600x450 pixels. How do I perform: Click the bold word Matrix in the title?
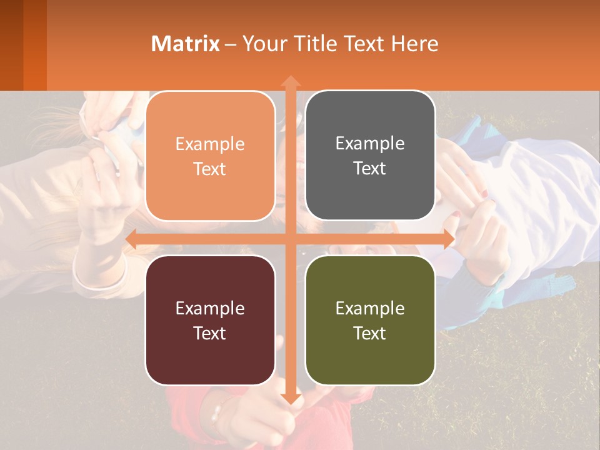(186, 44)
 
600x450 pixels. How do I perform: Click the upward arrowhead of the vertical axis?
(290, 81)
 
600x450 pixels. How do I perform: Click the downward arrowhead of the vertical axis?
(290, 399)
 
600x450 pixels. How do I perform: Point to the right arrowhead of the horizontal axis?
(449, 239)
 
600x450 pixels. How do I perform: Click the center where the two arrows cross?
(290, 239)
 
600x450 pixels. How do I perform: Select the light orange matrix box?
(210, 187)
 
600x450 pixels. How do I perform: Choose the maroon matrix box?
(210, 356)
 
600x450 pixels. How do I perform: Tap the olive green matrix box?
(370, 356)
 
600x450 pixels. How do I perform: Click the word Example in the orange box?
(210, 144)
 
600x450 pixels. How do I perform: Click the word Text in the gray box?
(370, 169)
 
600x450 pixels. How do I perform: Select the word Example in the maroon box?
(210, 309)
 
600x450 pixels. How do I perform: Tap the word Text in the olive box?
(370, 333)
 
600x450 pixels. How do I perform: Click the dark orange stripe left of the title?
(35, 45)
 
